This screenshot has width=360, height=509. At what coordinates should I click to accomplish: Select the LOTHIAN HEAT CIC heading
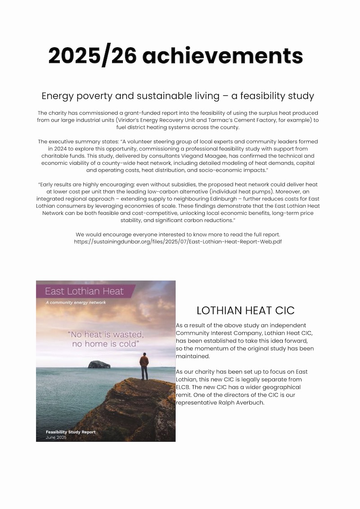[245, 311]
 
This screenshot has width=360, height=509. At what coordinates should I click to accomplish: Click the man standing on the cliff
[144, 365]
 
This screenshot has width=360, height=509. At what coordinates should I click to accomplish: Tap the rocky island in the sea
[98, 364]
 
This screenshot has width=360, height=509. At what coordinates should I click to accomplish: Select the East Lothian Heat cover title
[84, 291]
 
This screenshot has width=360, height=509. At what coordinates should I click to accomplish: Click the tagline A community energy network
[76, 302]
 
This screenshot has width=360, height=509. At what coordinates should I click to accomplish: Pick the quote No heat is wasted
[106, 335]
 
